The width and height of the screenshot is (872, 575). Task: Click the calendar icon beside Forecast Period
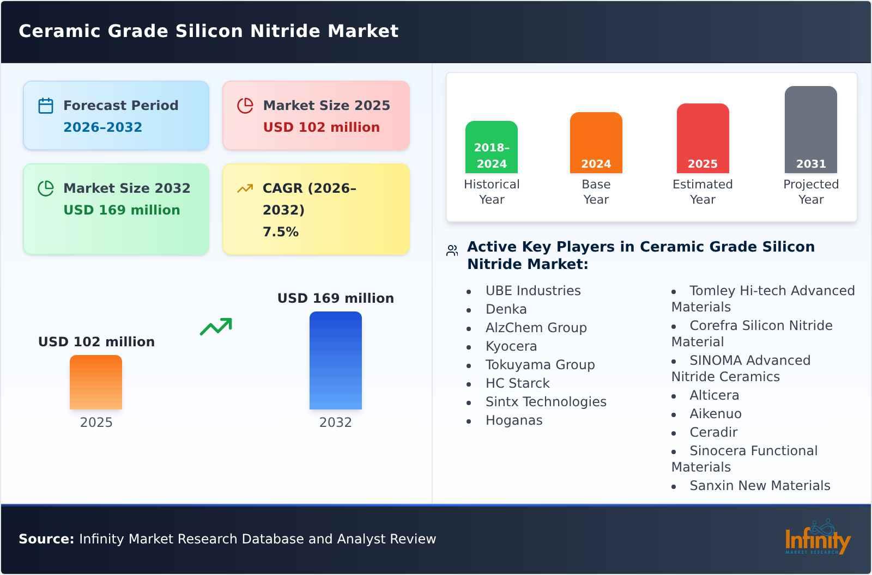tap(46, 106)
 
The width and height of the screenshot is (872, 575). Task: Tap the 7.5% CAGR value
tap(280, 232)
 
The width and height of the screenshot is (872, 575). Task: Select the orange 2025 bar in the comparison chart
tap(96, 382)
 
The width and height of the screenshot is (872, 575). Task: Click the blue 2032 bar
tap(335, 360)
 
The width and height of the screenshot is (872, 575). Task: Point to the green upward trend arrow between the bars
tap(216, 327)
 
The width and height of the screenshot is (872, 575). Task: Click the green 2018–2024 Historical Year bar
tap(491, 147)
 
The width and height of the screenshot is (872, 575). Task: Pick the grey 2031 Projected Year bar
tap(810, 130)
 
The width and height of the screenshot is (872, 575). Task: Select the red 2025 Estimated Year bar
tap(703, 138)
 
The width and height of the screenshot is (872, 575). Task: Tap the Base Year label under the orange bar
tap(596, 192)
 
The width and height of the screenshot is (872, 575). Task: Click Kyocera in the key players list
tap(511, 346)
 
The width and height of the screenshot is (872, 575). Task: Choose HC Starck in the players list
tap(517, 383)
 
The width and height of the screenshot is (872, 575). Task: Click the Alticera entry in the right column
tap(714, 395)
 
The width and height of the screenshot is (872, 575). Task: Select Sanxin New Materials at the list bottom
tap(759, 486)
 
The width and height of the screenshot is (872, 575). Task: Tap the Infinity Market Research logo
tap(817, 538)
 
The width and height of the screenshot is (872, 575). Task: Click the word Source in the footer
tap(46, 539)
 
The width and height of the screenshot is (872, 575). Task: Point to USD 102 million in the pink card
tap(321, 127)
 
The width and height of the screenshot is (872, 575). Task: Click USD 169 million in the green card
tap(122, 210)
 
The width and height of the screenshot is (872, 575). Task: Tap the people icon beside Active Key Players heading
tap(452, 250)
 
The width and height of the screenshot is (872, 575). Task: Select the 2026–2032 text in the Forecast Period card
tap(102, 127)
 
